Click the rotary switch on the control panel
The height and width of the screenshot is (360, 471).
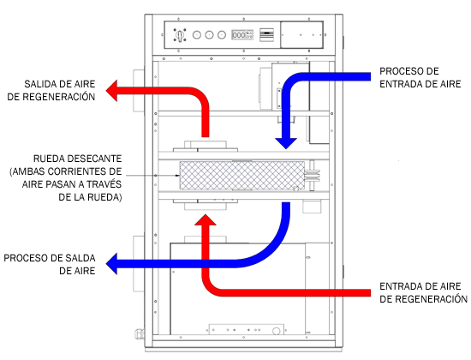click(180, 35)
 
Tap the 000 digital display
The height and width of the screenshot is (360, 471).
click(242, 35)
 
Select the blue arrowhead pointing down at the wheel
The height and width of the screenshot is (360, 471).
click(286, 143)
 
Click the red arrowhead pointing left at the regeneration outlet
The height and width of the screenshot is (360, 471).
click(111, 91)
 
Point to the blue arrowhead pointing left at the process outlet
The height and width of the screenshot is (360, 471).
click(111, 263)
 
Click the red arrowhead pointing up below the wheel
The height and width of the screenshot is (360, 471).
click(206, 219)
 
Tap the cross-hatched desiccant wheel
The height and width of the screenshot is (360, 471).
click(241, 176)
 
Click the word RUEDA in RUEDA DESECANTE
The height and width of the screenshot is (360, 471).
click(47, 159)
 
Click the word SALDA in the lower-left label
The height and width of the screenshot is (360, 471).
click(80, 258)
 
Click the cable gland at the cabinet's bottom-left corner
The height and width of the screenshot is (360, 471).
click(140, 333)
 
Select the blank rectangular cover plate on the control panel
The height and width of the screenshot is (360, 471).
click(301, 34)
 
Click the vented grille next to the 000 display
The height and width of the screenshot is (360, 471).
click(266, 35)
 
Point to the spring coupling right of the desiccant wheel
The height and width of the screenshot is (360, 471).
click(312, 176)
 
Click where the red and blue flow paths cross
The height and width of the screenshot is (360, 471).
click(206, 264)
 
